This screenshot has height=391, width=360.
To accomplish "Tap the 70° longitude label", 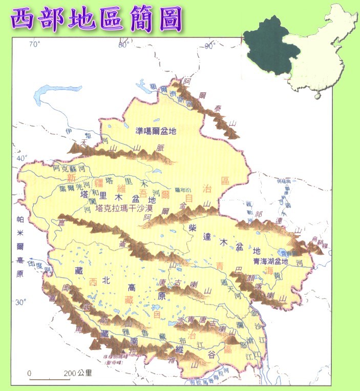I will [34, 45].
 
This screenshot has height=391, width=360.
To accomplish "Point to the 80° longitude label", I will [123, 45].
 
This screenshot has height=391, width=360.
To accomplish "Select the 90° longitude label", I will [209, 46].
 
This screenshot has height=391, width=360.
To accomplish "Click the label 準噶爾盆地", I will [156, 131].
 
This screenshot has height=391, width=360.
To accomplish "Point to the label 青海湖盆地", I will [271, 261].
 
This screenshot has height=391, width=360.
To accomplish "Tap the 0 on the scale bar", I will [30, 373].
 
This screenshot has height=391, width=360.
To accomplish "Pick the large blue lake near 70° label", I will [52, 93].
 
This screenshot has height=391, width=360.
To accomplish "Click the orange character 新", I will [71, 178].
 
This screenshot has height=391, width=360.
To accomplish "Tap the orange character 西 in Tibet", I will [93, 282].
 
